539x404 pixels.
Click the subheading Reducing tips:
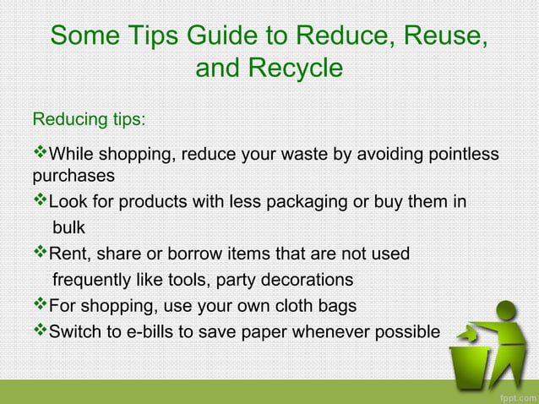coord(89,118)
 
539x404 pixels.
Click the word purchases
coord(73,177)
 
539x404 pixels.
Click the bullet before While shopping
coord(41,155)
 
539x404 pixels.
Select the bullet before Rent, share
coord(41,253)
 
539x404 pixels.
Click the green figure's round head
coord(506,310)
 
